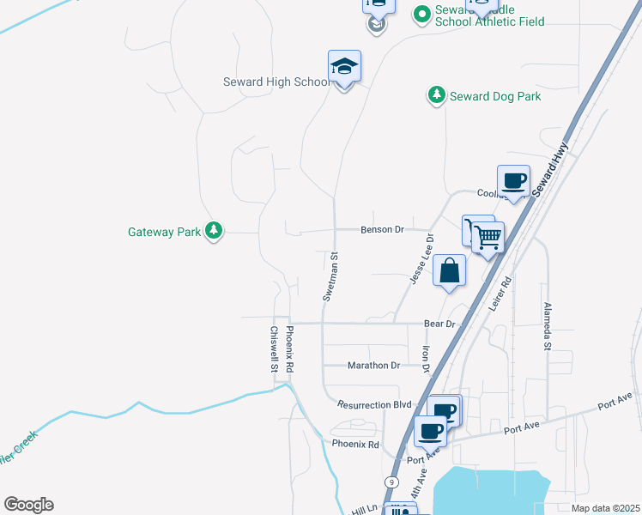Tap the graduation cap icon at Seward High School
(x=344, y=67)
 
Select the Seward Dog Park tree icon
(x=437, y=94)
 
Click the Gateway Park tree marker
(x=214, y=231)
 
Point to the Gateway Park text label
(x=164, y=232)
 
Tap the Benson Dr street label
(x=382, y=230)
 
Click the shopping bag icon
(x=449, y=271)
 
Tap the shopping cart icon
(x=487, y=235)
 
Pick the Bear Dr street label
(x=439, y=324)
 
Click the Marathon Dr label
(x=373, y=366)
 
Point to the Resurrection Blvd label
(x=374, y=404)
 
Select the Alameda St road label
(x=546, y=326)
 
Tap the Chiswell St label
(x=274, y=348)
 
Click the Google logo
(x=28, y=505)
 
